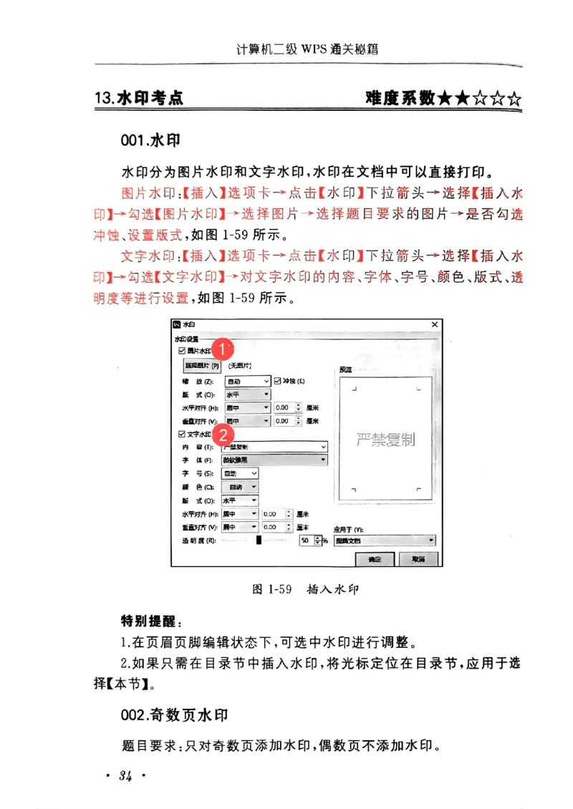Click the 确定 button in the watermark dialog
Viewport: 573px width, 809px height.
374,558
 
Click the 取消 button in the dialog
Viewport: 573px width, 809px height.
418,558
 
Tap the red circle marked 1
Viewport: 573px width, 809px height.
223,349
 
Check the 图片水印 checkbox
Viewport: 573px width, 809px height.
181,351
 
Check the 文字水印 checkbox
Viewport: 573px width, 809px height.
181,435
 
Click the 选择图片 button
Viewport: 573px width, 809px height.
202,365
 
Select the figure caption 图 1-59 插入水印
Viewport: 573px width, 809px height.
305,590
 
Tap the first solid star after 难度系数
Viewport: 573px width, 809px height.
445,99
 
